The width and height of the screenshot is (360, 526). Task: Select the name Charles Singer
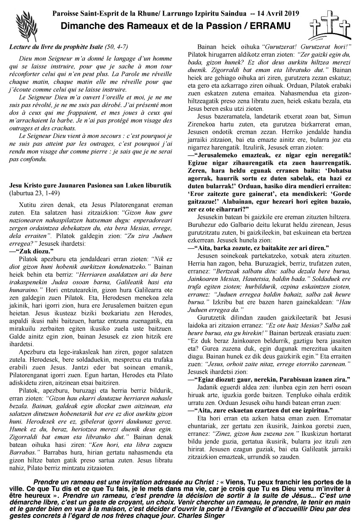(x=203, y=516)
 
